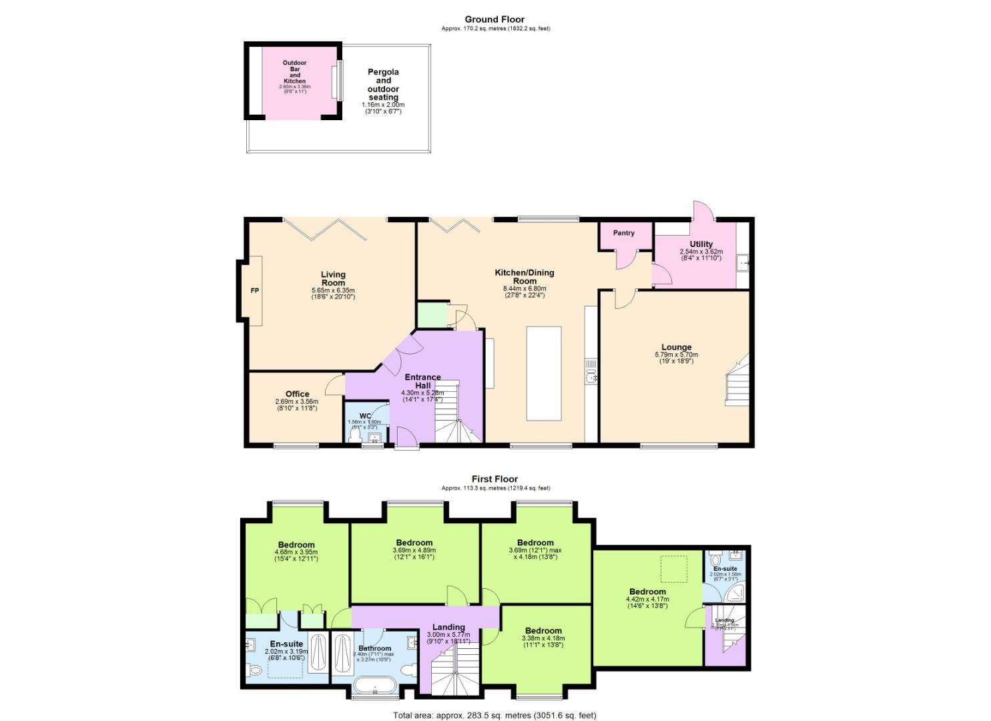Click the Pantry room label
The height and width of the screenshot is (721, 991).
click(x=623, y=233)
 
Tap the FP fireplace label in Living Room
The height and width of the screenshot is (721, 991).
click(x=254, y=291)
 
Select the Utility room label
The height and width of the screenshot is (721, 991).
click(x=701, y=244)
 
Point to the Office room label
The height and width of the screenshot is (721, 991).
click(x=297, y=394)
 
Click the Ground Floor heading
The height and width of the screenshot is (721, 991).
click(x=495, y=19)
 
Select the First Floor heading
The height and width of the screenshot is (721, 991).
click(x=494, y=479)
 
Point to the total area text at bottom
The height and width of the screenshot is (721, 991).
click(x=494, y=715)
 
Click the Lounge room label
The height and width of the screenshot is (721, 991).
click(x=676, y=347)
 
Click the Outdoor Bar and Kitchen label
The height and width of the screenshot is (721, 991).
click(x=294, y=72)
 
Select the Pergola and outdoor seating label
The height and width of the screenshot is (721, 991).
click(x=383, y=85)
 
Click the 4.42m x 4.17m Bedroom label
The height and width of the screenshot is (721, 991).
click(x=647, y=591)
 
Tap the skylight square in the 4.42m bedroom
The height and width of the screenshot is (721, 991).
click(x=674, y=567)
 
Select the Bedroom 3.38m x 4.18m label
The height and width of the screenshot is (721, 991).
click(x=543, y=631)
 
